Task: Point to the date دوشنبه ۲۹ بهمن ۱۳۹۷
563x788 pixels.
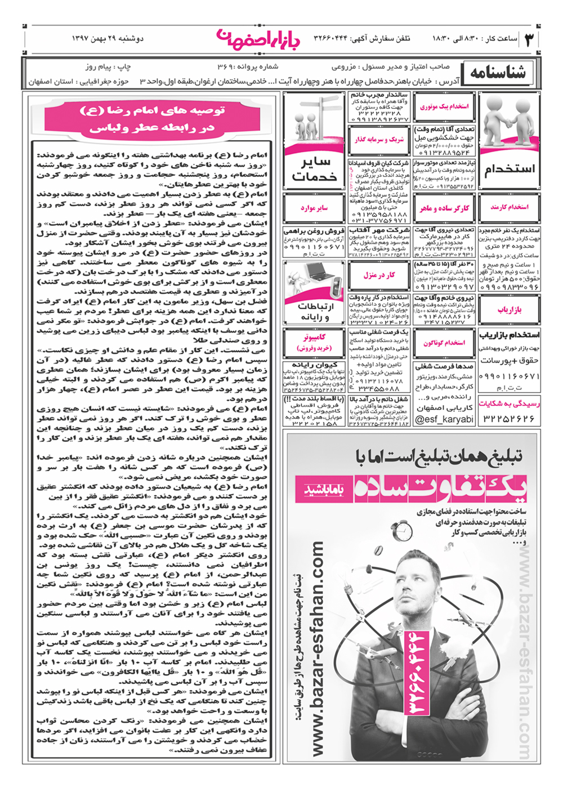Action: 108,39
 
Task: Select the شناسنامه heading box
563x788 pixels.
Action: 497,73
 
